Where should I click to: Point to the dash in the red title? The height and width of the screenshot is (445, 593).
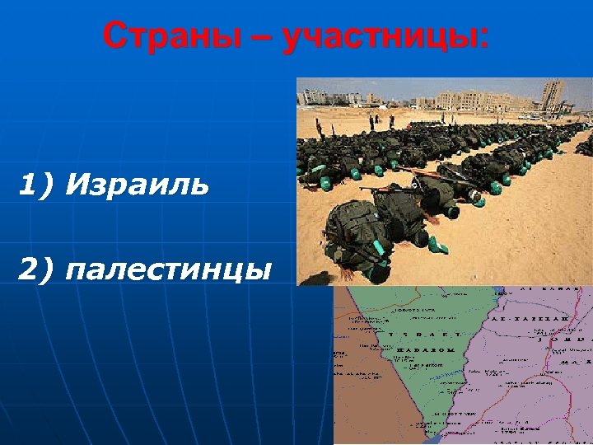(261, 38)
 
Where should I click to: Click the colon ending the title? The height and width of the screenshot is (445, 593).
(482, 38)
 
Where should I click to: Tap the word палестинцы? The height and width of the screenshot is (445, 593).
(169, 269)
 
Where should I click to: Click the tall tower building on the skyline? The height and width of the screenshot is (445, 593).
(553, 94)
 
